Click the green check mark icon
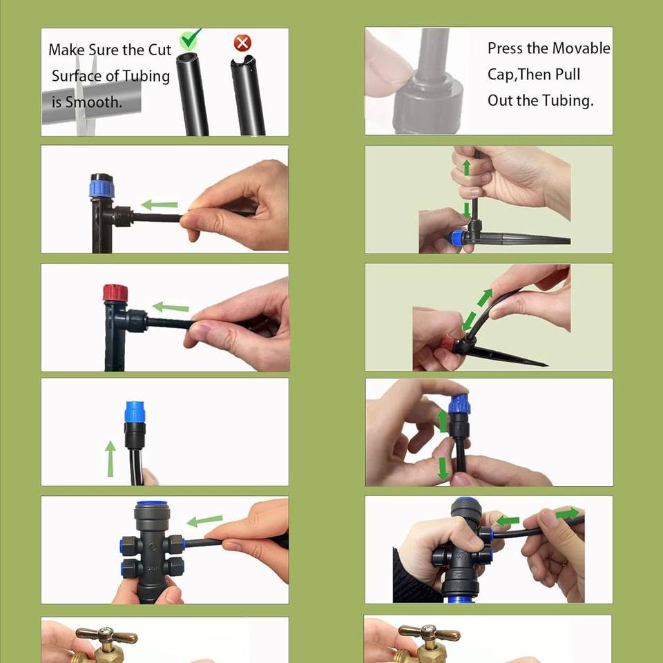tap(189, 40)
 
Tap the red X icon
tap(242, 43)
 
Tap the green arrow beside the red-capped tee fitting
tap(171, 307)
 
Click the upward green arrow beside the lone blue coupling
tap(110, 459)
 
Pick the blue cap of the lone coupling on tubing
tap(135, 412)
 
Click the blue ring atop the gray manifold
tap(151, 504)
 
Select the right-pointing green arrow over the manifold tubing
tap(567, 513)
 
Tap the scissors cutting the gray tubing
tap(86, 95)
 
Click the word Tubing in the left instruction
tap(146, 76)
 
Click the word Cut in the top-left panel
tap(159, 50)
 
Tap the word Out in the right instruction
tap(500, 101)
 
